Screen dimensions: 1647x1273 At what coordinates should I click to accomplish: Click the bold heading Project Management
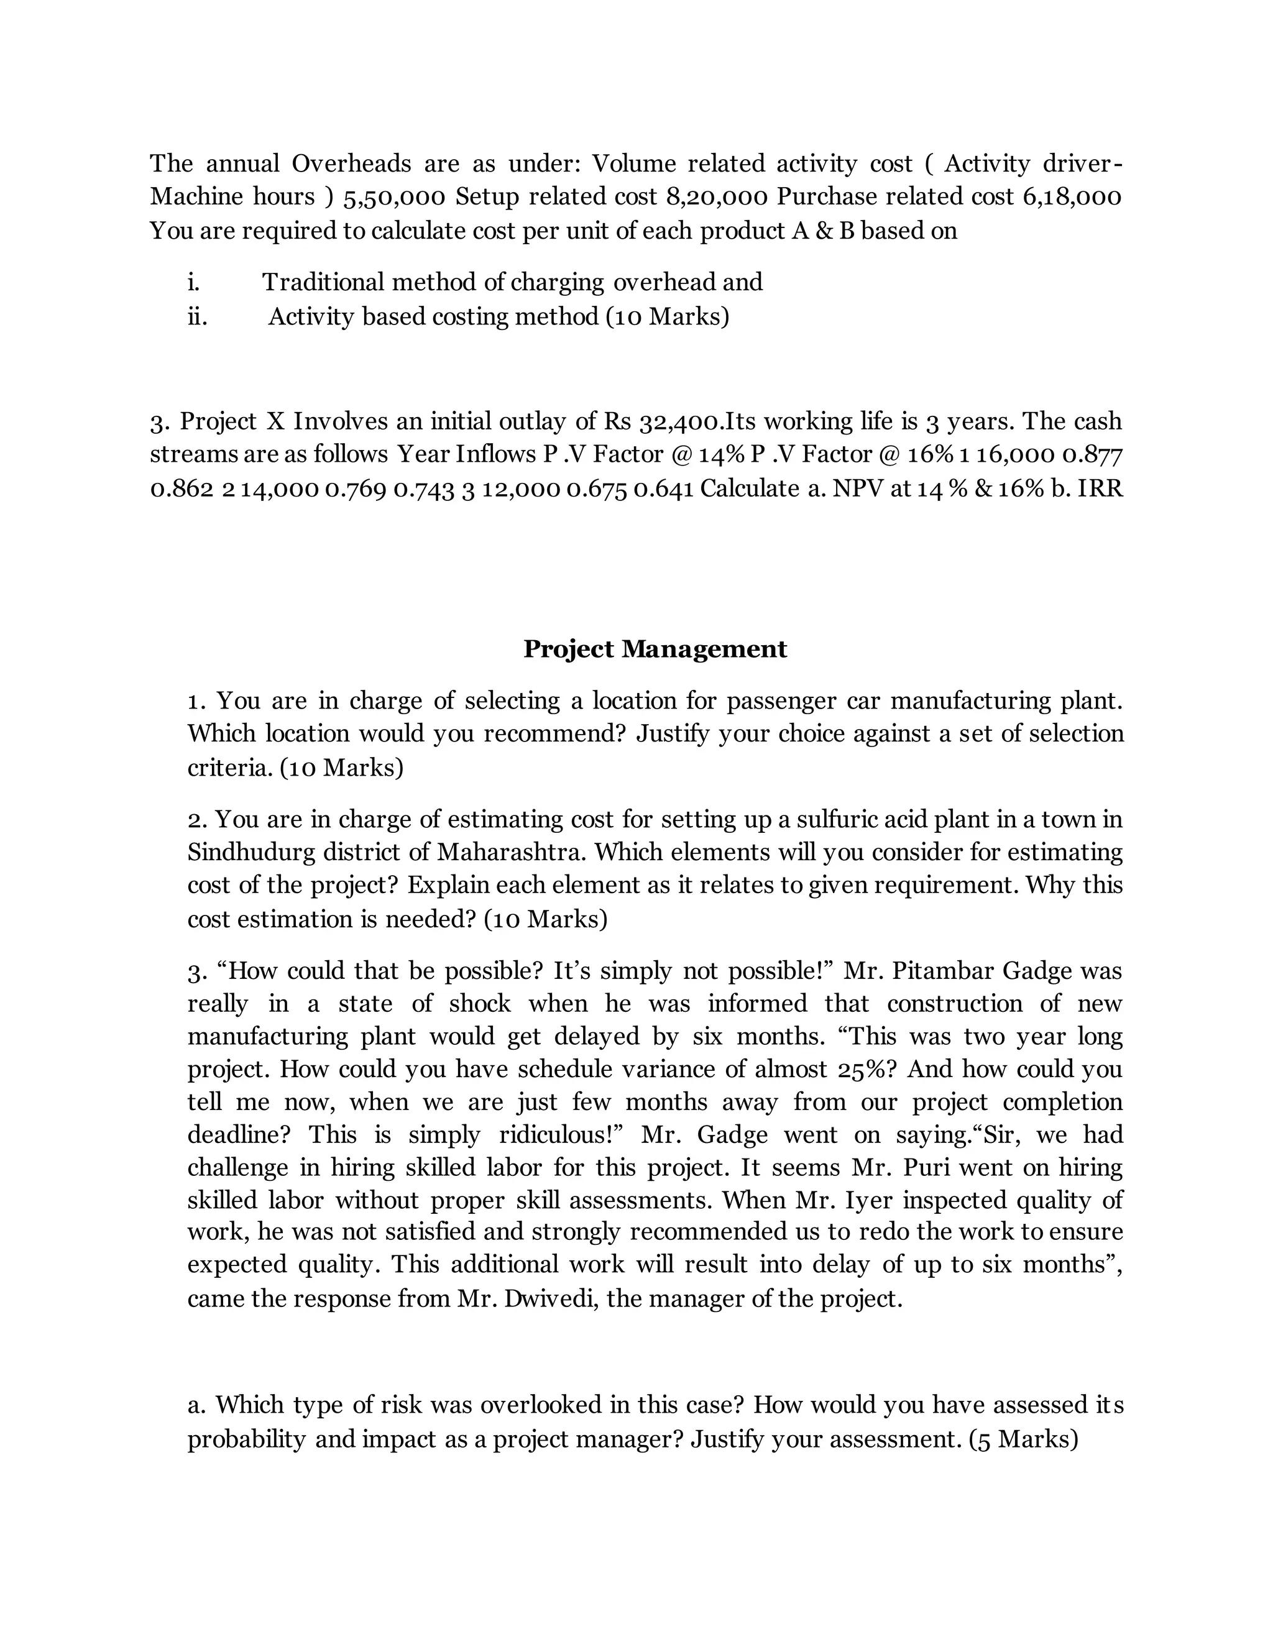click(655, 649)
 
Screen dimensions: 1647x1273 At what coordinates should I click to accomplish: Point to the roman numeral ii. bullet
click(197, 317)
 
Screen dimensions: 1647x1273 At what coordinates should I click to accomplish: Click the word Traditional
click(323, 283)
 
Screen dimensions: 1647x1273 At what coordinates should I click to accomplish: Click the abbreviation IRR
click(1100, 489)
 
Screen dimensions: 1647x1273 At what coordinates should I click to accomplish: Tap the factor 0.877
click(1092, 456)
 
